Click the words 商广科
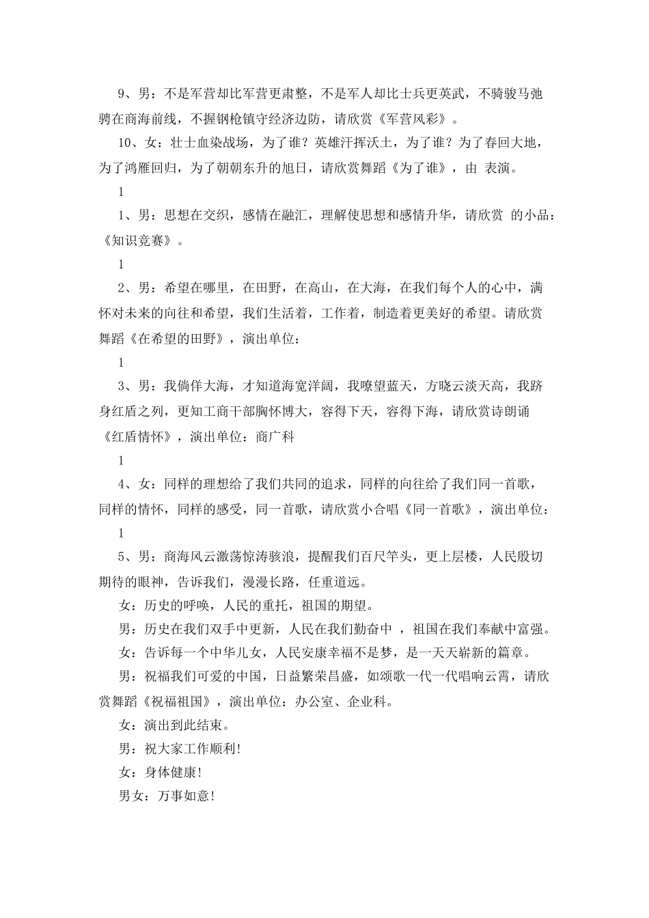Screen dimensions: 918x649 (x=275, y=436)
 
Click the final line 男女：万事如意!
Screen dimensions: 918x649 (x=167, y=796)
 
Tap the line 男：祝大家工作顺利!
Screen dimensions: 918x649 (x=180, y=749)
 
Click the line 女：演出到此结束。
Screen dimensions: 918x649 (x=174, y=725)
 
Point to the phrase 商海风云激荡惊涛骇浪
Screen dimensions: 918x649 (x=230, y=557)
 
